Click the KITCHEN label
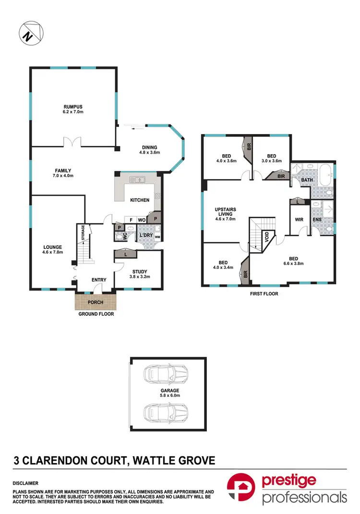point(140,200)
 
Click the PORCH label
point(96,302)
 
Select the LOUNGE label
point(52,247)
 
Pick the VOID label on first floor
point(267,236)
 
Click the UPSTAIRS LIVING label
point(226,212)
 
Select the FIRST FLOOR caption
point(264,294)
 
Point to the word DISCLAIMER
point(25,483)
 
